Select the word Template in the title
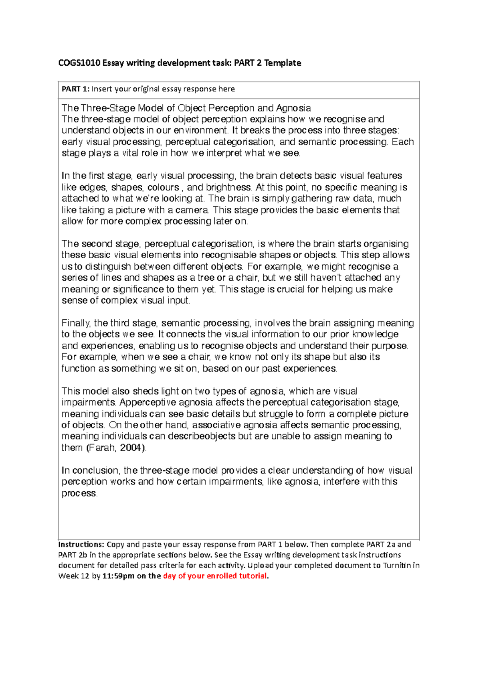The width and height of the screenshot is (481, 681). (x=283, y=63)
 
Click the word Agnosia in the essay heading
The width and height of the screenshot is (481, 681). (x=293, y=108)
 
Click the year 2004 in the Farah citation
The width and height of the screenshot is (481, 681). (x=131, y=448)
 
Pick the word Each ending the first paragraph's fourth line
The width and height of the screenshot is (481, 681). (x=403, y=142)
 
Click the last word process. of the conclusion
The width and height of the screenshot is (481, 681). (x=79, y=493)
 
